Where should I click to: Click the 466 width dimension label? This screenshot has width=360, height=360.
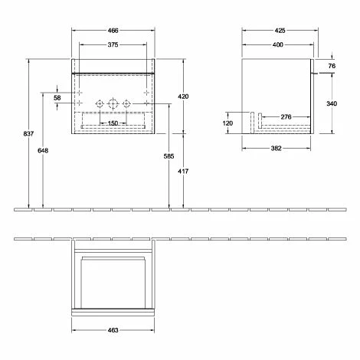pos(113,31)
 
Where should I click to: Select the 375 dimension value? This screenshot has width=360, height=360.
pos(113,45)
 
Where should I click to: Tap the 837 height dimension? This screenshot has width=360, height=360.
pos(28,133)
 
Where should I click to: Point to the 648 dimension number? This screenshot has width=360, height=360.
pos(43,151)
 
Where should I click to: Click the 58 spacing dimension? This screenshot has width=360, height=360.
pos(57,98)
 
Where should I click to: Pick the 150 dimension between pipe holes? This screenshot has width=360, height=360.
pos(113,123)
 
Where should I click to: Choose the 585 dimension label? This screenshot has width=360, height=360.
pos(169,156)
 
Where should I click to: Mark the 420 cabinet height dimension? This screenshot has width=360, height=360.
pos(183,97)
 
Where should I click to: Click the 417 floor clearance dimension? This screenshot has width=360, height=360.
pos(183,172)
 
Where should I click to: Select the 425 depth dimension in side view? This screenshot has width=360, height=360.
pos(280,31)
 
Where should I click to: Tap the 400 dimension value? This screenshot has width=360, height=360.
pos(278,45)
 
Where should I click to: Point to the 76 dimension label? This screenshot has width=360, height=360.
pos(332,66)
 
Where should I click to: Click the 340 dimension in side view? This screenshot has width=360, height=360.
pos(332,103)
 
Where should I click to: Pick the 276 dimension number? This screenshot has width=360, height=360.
pos(286,117)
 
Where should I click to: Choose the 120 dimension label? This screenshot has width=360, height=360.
pos(227,123)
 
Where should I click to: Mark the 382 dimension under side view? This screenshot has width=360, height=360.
pos(277,149)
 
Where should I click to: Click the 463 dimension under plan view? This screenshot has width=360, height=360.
pos(113,330)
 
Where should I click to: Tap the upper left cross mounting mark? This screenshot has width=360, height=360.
pos(80,93)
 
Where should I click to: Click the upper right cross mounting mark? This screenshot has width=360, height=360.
pos(146,93)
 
